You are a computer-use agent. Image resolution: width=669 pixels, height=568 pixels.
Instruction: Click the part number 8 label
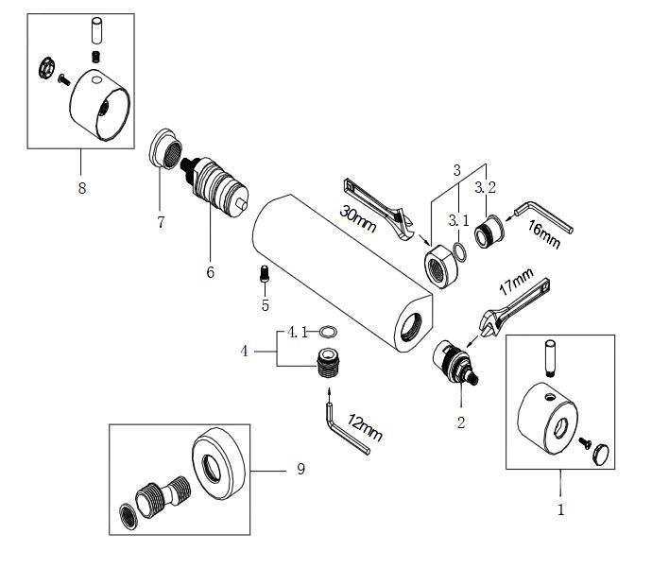(x=82, y=188)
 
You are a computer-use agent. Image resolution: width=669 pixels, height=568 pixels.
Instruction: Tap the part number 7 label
(x=162, y=223)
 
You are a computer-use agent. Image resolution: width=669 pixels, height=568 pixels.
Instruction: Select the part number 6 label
(x=210, y=272)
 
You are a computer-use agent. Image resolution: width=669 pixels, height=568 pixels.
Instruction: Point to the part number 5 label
(x=266, y=304)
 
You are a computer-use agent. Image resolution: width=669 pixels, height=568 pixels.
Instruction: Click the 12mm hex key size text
(x=364, y=426)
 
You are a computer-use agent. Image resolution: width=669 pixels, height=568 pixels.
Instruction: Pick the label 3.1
(x=459, y=220)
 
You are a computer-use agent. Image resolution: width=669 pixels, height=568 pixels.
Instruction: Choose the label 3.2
(x=485, y=186)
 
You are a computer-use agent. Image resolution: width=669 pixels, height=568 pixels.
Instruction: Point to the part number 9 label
(x=300, y=470)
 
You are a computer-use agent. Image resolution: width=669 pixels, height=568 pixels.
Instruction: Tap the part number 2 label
(x=461, y=422)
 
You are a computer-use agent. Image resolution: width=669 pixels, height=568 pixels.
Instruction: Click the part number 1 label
(x=560, y=509)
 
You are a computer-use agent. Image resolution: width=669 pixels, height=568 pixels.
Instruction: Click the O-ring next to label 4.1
(x=329, y=332)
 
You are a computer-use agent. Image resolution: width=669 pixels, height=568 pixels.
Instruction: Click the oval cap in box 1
(x=602, y=454)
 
